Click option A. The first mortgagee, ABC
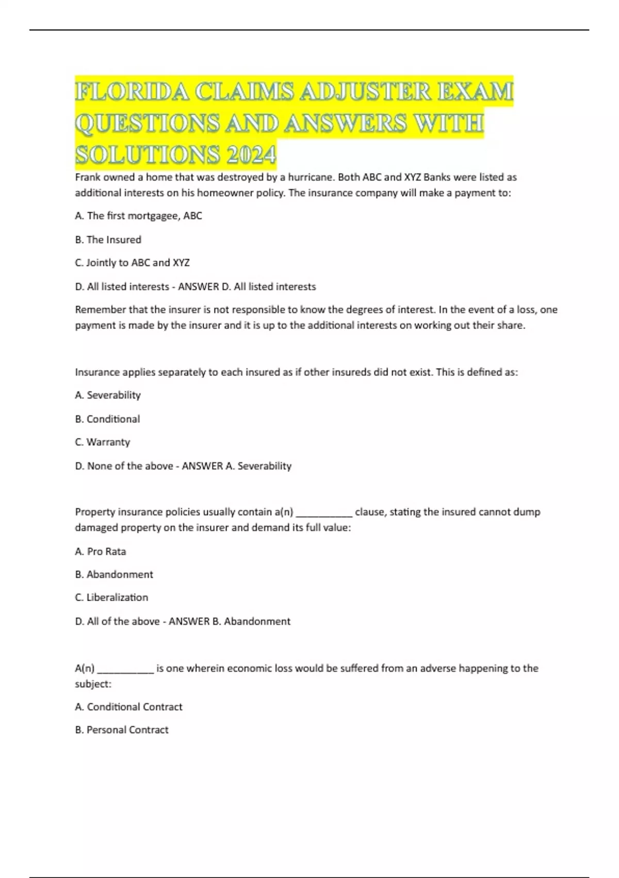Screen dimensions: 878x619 pos(138,216)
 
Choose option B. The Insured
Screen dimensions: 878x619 pos(108,240)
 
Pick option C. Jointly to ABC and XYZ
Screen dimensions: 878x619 pos(132,263)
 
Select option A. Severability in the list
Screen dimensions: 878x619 pos(108,395)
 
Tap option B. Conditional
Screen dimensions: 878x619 pos(107,419)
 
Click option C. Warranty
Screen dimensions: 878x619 pos(102,442)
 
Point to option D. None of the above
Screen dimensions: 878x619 pos(124,466)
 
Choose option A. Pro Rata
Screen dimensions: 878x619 pos(101,552)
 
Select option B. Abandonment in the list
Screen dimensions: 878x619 pos(114,574)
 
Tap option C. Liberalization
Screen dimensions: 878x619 pos(111,598)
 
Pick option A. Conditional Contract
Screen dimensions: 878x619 pos(128,707)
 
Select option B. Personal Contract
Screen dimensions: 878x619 pos(122,730)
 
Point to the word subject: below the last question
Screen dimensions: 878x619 pos(93,684)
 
